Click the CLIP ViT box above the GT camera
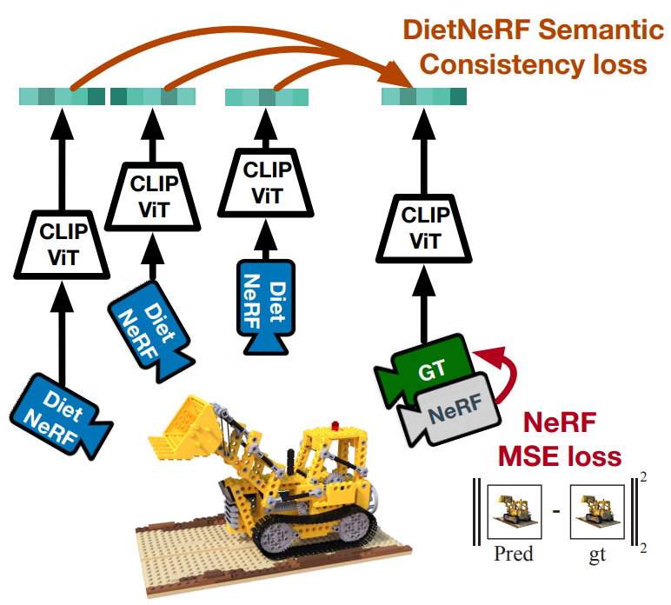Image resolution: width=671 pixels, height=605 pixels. pyautogui.click(x=425, y=229)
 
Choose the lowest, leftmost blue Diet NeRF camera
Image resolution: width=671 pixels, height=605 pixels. pyautogui.click(x=59, y=413)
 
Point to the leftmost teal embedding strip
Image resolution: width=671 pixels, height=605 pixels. pyautogui.click(x=62, y=96)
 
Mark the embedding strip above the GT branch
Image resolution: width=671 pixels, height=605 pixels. pyautogui.click(x=424, y=96)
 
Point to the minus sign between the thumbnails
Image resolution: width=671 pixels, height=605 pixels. pyautogui.click(x=555, y=509)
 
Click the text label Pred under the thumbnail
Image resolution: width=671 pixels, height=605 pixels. pyautogui.click(x=512, y=554)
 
